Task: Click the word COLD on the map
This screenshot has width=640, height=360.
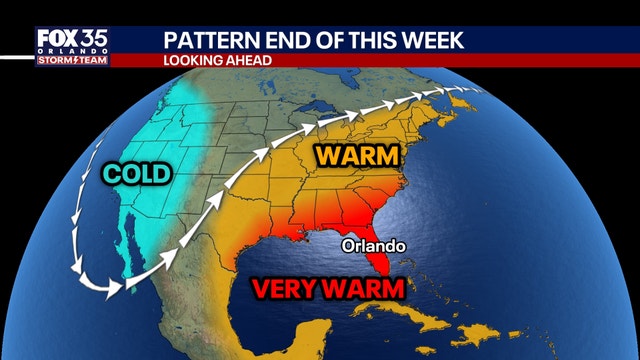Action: tap(137, 176)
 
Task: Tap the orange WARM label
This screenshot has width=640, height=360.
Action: tap(356, 157)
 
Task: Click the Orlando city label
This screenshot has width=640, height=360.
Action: tap(370, 243)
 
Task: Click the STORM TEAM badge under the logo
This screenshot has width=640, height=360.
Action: tap(72, 60)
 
